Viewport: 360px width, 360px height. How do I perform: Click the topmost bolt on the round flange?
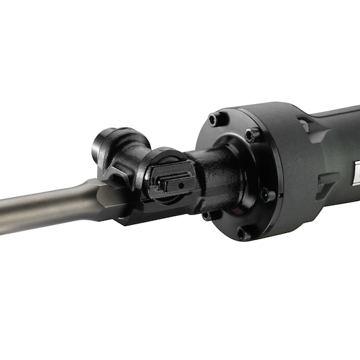click(x=215, y=120)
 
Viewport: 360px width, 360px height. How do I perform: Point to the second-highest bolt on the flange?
click(x=252, y=135)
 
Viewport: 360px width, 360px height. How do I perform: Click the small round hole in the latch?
click(x=182, y=183)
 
